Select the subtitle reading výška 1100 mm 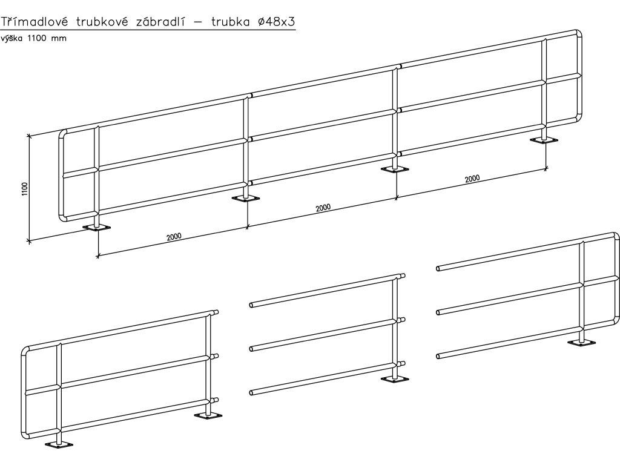(x=33, y=38)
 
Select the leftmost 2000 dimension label (x=174, y=236)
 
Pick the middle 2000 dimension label (x=323, y=208)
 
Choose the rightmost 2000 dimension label (x=472, y=179)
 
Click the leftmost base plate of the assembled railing (x=97, y=228)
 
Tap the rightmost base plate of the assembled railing (x=545, y=140)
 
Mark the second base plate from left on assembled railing (x=246, y=199)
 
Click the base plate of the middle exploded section (x=396, y=380)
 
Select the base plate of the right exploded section (x=582, y=343)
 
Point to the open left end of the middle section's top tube (x=251, y=305)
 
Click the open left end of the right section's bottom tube (x=438, y=356)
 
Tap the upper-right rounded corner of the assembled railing (x=578, y=34)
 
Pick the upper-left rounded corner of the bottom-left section (x=25, y=352)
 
